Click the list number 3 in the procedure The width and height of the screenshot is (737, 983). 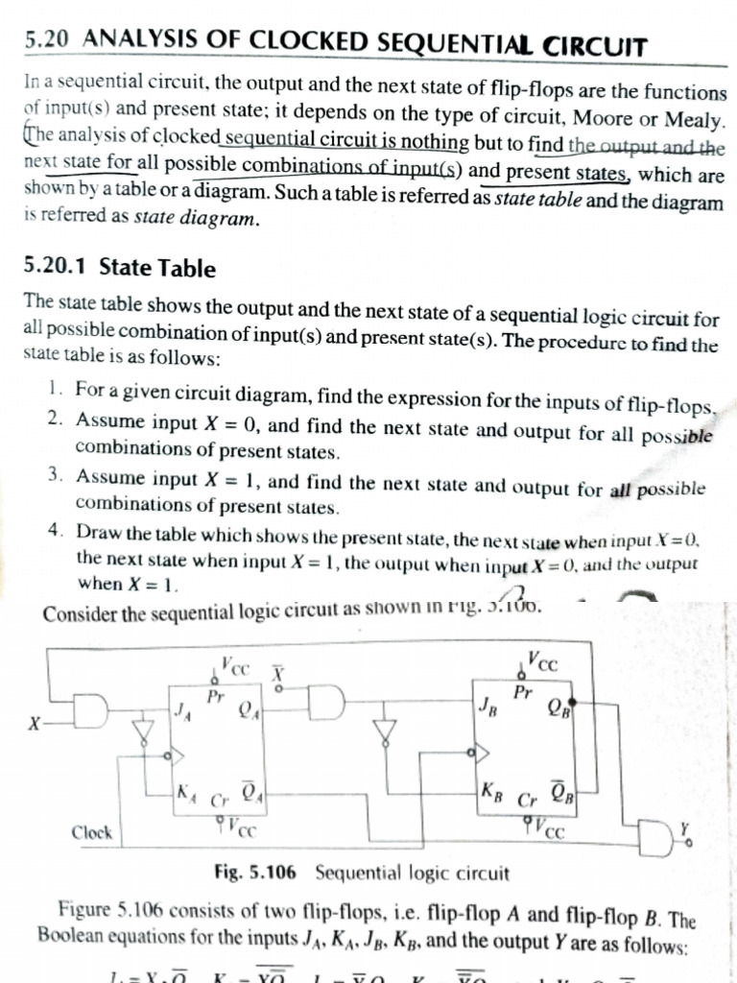pyautogui.click(x=55, y=476)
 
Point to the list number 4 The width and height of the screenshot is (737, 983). pyautogui.click(x=55, y=531)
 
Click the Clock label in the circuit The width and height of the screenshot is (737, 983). pyautogui.click(x=92, y=831)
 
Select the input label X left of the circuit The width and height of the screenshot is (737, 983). pyautogui.click(x=34, y=724)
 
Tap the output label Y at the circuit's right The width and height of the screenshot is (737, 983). pyautogui.click(x=684, y=823)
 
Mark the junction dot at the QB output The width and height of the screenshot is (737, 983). pyautogui.click(x=572, y=703)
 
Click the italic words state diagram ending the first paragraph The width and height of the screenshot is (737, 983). pyautogui.click(x=197, y=219)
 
